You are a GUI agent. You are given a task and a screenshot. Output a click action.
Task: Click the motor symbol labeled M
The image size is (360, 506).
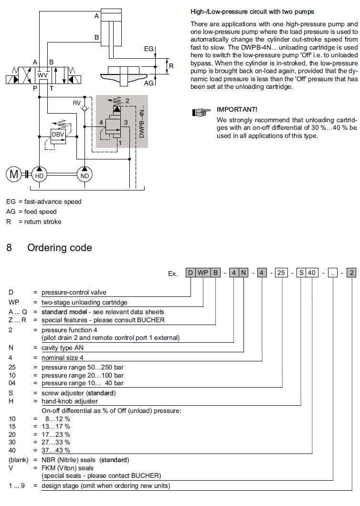point(13,175)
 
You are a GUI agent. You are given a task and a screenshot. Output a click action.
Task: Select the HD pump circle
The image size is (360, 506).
point(39,175)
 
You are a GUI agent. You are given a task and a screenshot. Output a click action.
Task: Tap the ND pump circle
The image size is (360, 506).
point(85,175)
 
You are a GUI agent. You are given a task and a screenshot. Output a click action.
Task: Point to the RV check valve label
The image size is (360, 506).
point(76,103)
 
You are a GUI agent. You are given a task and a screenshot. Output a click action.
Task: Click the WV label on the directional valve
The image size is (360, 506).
point(42,75)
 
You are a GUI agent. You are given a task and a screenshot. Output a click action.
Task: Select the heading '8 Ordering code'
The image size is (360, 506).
point(49,248)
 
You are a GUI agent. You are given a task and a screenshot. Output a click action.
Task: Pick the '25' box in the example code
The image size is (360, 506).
point(282,273)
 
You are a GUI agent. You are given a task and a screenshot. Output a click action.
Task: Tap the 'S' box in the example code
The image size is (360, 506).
point(301,273)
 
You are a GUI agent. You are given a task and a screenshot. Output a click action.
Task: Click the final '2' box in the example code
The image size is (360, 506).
point(351,273)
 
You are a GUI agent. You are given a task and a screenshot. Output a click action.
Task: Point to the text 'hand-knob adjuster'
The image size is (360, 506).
point(70,401)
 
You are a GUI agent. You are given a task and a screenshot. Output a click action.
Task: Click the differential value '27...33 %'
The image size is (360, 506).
point(55,442)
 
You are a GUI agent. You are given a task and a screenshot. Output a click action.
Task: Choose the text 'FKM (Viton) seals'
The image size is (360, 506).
point(67,468)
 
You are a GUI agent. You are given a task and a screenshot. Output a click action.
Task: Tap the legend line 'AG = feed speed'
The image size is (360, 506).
point(31,211)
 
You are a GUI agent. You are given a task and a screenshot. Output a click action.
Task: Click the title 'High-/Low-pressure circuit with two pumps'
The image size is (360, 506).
point(252,11)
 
